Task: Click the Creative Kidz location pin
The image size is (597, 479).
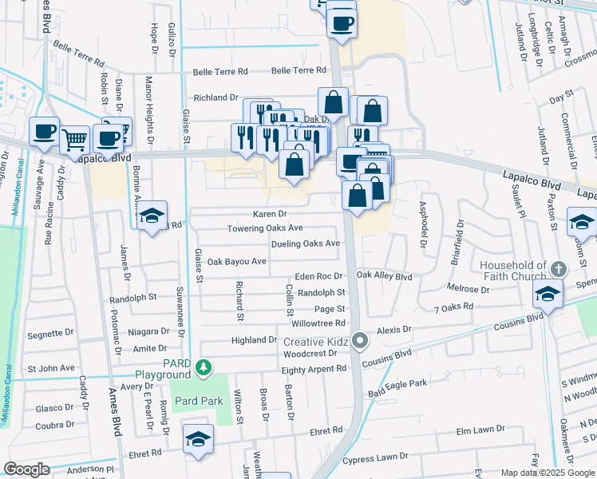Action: tap(360, 341)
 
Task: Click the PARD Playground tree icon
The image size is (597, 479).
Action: tap(204, 368)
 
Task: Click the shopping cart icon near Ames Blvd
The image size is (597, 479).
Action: tap(74, 140)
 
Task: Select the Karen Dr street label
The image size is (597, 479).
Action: tap(270, 214)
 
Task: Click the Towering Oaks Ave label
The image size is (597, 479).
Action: tap(265, 228)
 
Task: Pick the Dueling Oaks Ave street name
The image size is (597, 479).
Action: tap(306, 243)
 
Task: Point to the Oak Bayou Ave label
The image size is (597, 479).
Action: tap(236, 261)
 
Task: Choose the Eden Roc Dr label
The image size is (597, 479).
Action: tap(318, 276)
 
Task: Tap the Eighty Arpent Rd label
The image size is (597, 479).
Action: tap(314, 369)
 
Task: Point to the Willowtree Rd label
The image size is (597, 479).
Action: tap(318, 323)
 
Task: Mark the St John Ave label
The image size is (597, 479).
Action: tap(51, 369)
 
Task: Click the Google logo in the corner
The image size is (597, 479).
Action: tap(26, 469)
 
